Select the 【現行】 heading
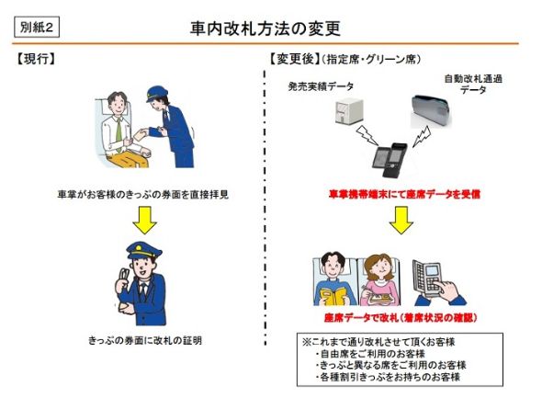38,60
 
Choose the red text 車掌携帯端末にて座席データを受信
403,195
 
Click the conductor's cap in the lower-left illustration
141,250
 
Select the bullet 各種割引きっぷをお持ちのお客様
386,377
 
